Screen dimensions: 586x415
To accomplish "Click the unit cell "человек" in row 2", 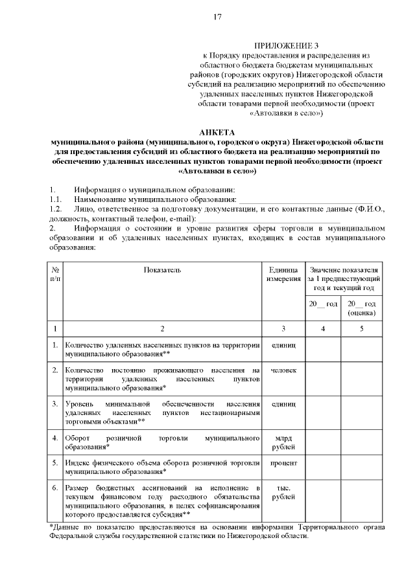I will pyautogui.click(x=283, y=370).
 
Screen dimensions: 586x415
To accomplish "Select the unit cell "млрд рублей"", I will pyautogui.click(x=283, y=443).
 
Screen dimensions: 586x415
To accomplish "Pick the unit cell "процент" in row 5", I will pyautogui.click(x=283, y=463).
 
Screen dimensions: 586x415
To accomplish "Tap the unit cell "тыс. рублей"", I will pyautogui.click(x=283, y=492).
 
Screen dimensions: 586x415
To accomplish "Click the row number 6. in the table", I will pyautogui.click(x=56, y=487).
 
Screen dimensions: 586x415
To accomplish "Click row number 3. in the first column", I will pyautogui.click(x=56, y=403).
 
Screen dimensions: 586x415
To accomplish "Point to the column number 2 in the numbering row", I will pyautogui.click(x=162, y=328).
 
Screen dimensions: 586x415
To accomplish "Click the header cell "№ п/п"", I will pyautogui.click(x=56, y=273).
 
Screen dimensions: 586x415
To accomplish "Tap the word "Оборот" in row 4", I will pyautogui.click(x=78, y=438).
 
